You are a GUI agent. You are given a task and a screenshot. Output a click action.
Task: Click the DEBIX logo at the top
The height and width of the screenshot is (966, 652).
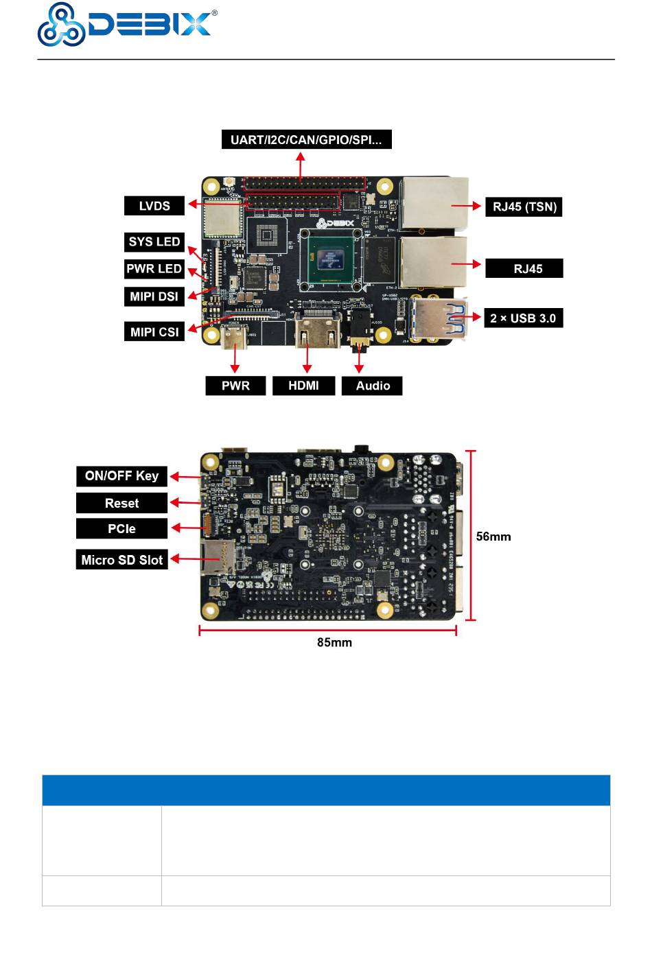coord(127,25)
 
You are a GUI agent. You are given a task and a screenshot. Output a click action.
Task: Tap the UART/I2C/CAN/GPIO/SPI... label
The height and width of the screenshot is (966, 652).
coord(306,140)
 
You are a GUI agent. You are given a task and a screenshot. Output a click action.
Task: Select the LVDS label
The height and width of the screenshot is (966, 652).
coord(154,206)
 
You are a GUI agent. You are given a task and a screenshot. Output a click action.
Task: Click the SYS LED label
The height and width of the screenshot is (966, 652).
coord(154,241)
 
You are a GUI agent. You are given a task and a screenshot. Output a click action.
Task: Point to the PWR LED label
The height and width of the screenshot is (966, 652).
coord(154,269)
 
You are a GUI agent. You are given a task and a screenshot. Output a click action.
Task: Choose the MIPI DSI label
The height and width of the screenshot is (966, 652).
coord(154,296)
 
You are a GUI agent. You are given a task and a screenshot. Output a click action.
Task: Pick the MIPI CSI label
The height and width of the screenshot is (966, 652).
coord(154,332)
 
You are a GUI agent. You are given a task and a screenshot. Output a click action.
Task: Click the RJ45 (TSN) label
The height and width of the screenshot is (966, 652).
coord(524,207)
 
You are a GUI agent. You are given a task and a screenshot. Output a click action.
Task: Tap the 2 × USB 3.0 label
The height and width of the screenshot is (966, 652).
coord(523,318)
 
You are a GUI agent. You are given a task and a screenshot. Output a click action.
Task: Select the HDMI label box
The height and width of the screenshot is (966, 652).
coord(303,386)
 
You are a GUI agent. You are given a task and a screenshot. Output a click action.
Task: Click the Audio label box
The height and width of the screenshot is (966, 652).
coord(373,386)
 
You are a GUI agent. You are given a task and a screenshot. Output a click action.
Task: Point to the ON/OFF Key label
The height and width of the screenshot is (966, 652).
coord(121,476)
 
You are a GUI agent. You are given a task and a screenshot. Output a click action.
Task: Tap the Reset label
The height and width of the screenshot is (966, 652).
coord(121,504)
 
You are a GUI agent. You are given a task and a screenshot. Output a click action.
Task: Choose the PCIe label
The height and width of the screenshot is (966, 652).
coord(121,529)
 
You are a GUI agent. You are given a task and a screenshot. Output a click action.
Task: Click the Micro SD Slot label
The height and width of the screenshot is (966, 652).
coord(121,560)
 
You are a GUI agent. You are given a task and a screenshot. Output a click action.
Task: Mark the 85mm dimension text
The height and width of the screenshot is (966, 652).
coord(334,643)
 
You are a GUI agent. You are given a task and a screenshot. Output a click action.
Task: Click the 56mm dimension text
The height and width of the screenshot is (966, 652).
coord(493,537)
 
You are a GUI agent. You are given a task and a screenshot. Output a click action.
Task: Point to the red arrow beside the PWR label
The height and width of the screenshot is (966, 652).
coord(235,359)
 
